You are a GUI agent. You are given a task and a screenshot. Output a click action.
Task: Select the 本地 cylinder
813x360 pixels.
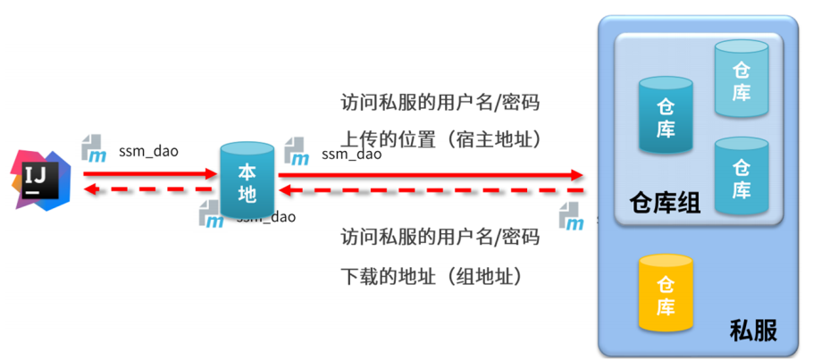pyautogui.click(x=247, y=181)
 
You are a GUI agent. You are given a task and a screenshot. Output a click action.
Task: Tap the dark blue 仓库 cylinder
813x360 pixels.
pyautogui.click(x=666, y=116)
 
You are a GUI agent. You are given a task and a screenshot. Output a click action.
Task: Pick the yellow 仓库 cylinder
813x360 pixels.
pyautogui.click(x=666, y=294)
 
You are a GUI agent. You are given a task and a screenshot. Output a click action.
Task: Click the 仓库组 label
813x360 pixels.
pyautogui.click(x=665, y=204)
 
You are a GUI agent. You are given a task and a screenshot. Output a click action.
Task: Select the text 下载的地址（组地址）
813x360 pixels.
pyautogui.click(x=431, y=275)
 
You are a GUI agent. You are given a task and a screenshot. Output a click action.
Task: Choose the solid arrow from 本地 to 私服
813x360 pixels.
pyautogui.click(x=429, y=174)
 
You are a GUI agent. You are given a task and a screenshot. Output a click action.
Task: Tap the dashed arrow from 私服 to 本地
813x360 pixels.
pyautogui.click(x=429, y=190)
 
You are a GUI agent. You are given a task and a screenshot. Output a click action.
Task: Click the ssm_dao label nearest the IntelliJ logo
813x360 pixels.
pyautogui.click(x=148, y=151)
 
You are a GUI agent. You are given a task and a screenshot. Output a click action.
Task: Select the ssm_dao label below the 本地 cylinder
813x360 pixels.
pyautogui.click(x=266, y=216)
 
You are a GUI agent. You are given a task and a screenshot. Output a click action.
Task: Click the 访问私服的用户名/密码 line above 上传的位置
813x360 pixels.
pyautogui.click(x=440, y=103)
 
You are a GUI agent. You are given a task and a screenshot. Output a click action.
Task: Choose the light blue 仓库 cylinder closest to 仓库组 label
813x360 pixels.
pyautogui.click(x=742, y=176)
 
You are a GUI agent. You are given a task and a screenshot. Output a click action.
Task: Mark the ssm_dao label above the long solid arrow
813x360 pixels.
pyautogui.click(x=351, y=154)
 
